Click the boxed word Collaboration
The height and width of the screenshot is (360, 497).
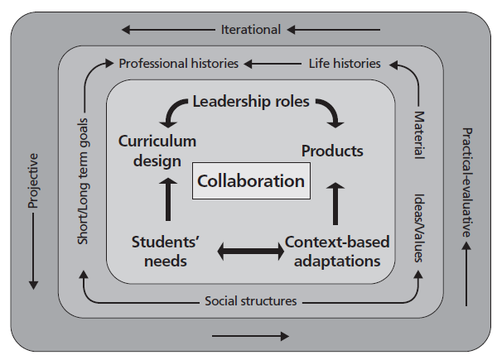click(251, 180)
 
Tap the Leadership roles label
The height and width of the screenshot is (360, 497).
click(251, 102)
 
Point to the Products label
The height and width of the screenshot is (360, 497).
click(332, 151)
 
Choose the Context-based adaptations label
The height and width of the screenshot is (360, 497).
click(337, 250)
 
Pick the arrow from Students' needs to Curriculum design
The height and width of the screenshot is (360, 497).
click(167, 198)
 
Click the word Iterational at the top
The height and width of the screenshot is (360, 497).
click(251, 30)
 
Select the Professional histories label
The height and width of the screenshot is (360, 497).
click(179, 63)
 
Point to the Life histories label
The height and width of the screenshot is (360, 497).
click(345, 63)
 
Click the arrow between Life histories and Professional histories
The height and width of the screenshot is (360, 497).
click(273, 63)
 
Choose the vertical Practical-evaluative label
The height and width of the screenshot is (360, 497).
click(467, 182)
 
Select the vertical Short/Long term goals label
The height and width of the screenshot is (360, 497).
click(84, 175)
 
